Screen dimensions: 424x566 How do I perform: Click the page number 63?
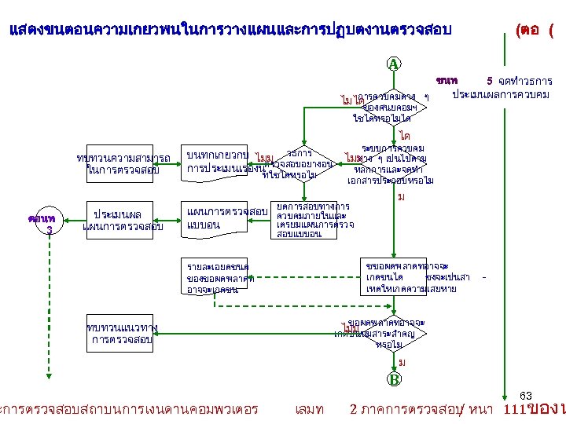pos(527,394)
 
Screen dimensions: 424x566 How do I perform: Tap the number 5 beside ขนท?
pos(489,80)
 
